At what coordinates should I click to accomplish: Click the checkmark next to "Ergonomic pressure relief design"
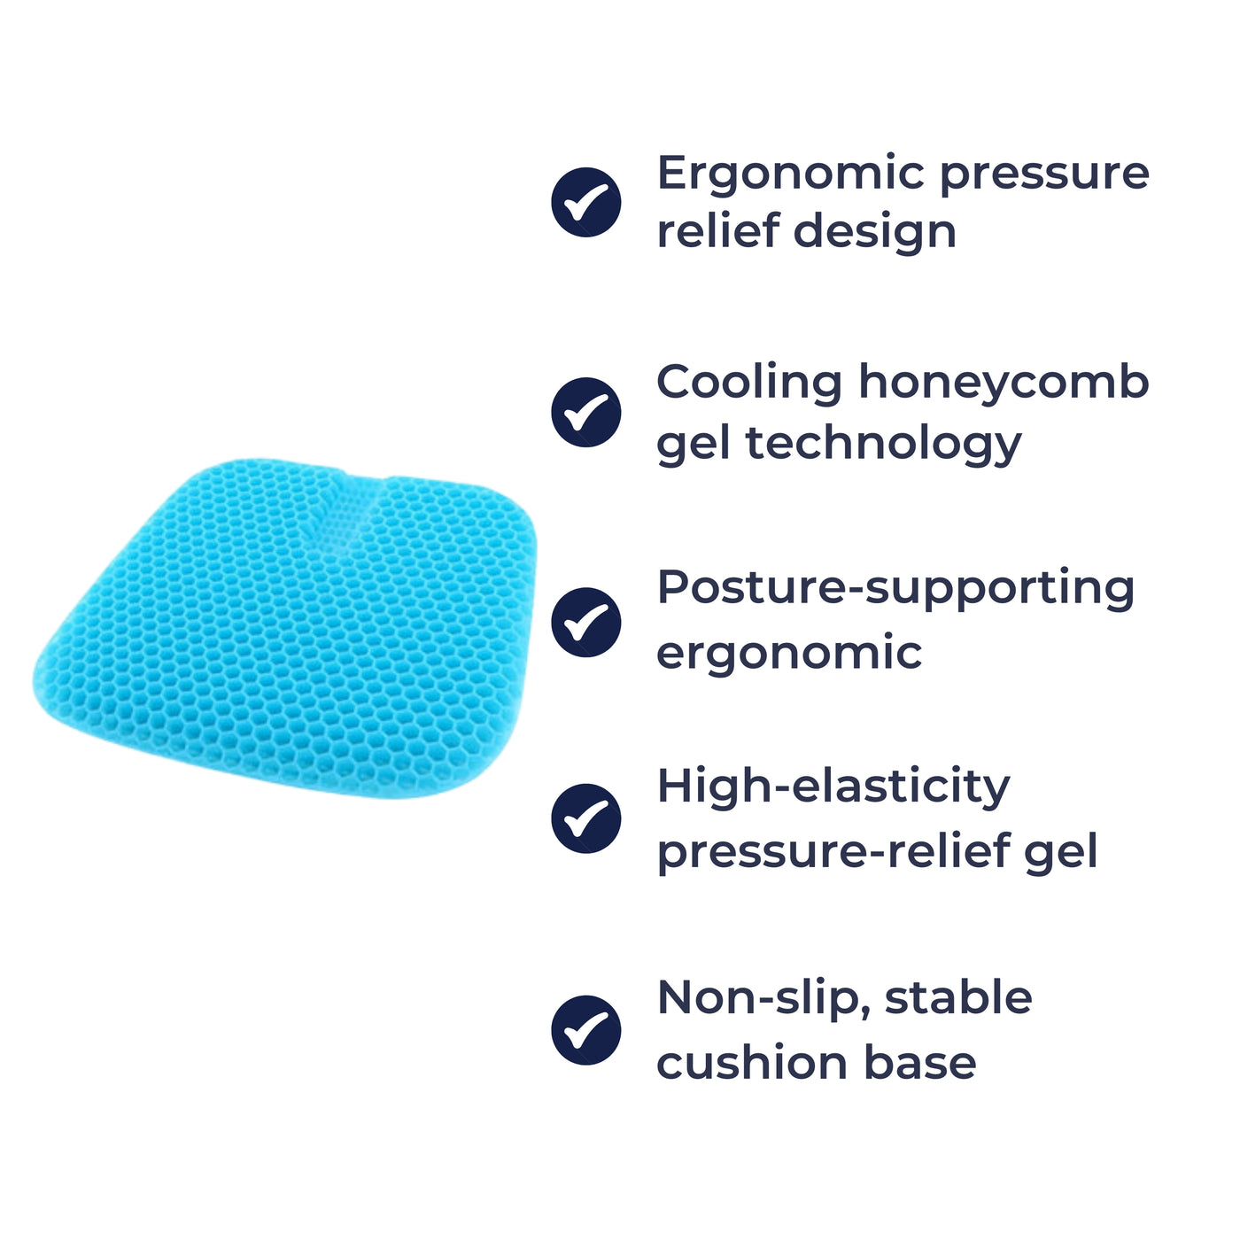pyautogui.click(x=585, y=202)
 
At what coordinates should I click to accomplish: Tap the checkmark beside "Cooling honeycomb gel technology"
pyautogui.click(x=585, y=412)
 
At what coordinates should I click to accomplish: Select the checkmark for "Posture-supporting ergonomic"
pyautogui.click(x=585, y=622)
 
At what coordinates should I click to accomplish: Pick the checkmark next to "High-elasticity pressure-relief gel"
pyautogui.click(x=585, y=818)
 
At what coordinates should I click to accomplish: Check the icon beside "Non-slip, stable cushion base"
pyautogui.click(x=585, y=1029)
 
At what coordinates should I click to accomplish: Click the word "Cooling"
pyautogui.click(x=748, y=384)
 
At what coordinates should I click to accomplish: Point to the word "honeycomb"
pyautogui.click(x=1004, y=384)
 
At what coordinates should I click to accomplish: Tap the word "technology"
pyautogui.click(x=884, y=443)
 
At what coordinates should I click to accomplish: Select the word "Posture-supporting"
pyautogui.click(x=895, y=589)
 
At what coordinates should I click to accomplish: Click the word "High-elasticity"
pyautogui.click(x=833, y=787)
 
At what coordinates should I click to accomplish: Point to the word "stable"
pyautogui.click(x=958, y=998)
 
